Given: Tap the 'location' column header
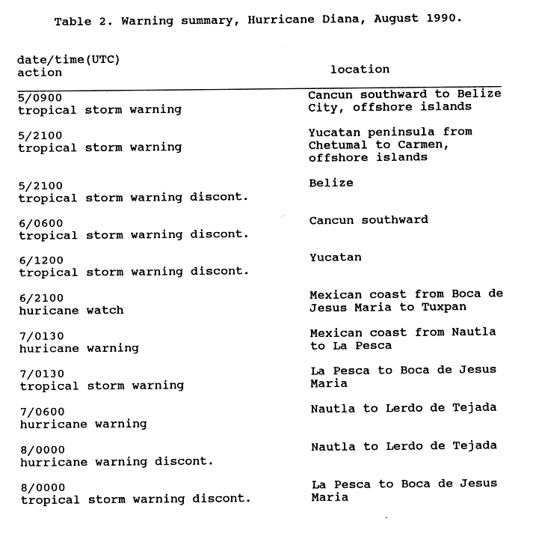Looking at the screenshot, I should [x=360, y=69].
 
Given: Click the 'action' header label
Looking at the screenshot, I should [x=40, y=73].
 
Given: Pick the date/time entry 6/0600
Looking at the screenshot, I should [x=42, y=223].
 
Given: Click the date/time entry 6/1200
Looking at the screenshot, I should [x=42, y=261].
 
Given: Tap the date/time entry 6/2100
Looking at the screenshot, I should [x=42, y=298].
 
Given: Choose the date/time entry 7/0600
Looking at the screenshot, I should [x=42, y=411].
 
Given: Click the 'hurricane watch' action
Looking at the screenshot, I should [x=71, y=310].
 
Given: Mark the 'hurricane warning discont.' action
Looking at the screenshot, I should [x=116, y=461].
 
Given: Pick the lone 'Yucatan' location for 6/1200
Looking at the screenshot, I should [x=335, y=258].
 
